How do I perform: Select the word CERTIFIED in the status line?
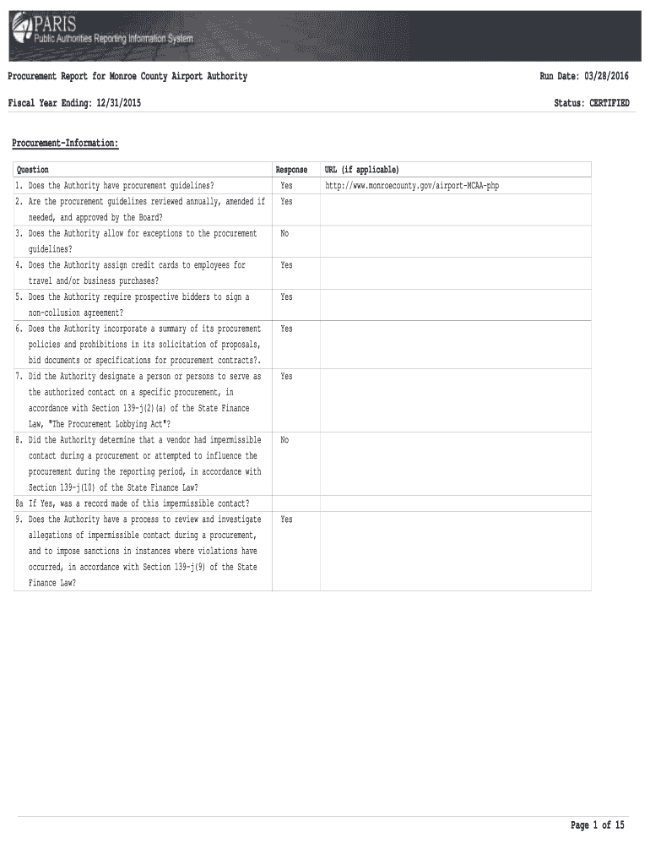click(x=609, y=103)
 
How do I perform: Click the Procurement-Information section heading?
click(x=65, y=144)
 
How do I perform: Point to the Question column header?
click(x=33, y=170)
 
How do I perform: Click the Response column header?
click(x=291, y=170)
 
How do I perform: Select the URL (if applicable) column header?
click(x=355, y=170)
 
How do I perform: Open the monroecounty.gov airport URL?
click(x=412, y=186)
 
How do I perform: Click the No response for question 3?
click(x=284, y=233)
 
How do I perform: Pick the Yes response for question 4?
click(x=286, y=265)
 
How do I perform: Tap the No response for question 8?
click(x=284, y=440)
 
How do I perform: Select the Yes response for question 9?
click(x=286, y=520)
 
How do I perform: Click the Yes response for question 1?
click(x=286, y=186)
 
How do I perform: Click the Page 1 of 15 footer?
click(x=597, y=825)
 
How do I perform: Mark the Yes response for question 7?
click(x=286, y=377)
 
